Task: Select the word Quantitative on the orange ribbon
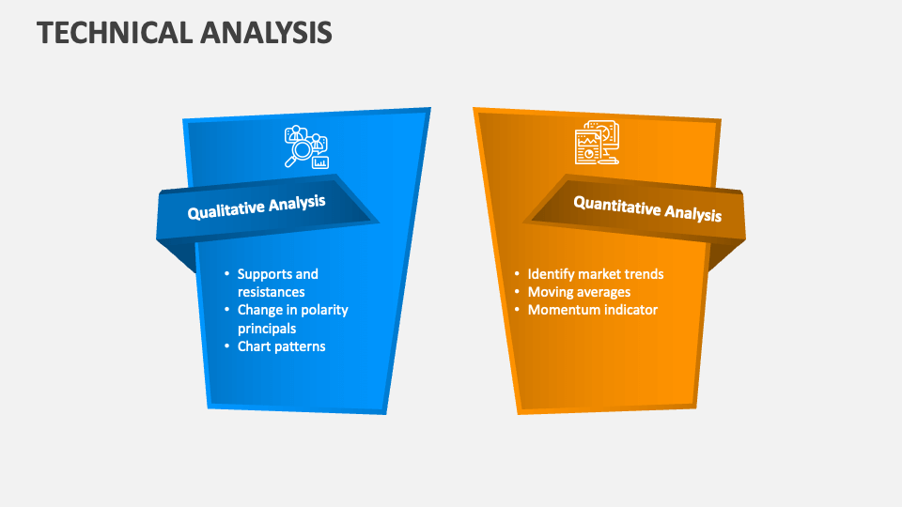(616, 206)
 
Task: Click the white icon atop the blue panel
(306, 147)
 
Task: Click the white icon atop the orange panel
(597, 144)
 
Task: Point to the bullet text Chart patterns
(281, 346)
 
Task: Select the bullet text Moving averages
(579, 292)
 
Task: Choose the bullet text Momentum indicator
(592, 310)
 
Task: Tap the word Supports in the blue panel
(265, 274)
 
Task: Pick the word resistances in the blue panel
(271, 292)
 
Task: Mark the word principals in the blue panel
(267, 329)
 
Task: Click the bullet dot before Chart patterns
(226, 346)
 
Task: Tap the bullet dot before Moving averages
(517, 292)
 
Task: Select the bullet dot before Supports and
(226, 274)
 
